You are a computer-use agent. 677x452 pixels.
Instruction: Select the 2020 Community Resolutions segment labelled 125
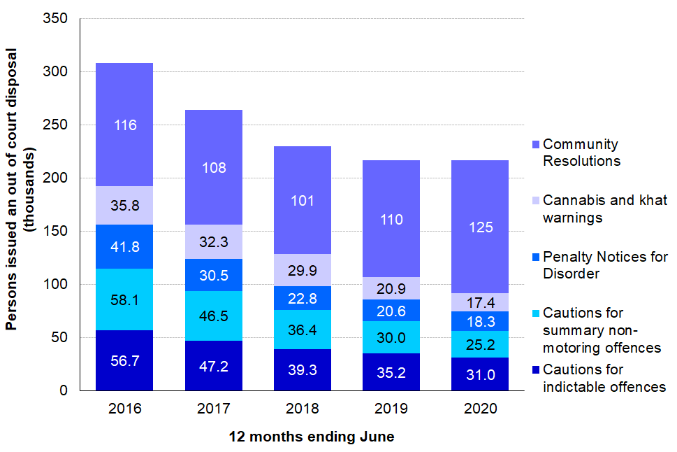(481, 227)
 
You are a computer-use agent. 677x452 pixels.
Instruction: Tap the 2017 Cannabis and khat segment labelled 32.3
(214, 242)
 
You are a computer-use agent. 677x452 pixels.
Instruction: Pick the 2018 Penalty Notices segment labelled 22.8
(303, 298)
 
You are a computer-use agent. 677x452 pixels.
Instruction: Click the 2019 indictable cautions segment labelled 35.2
(391, 372)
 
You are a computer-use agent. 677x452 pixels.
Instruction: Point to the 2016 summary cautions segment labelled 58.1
(124, 299)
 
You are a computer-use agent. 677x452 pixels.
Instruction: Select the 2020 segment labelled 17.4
(481, 302)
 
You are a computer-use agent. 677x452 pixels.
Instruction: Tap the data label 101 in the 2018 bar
(303, 200)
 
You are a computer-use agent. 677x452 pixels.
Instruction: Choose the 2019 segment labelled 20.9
(391, 288)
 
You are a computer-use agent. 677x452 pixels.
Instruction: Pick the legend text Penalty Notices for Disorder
(605, 265)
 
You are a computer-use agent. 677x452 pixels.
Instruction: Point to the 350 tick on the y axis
(60, 19)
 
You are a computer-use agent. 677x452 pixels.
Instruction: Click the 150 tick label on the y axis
(60, 232)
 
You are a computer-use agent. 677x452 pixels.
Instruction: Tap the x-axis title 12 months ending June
(312, 437)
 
